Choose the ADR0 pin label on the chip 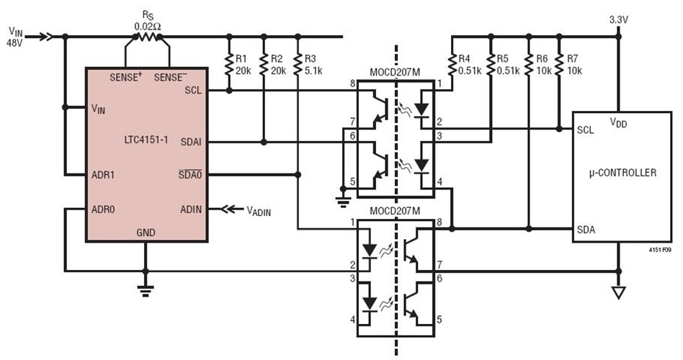[102, 210]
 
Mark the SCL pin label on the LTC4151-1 [193, 90]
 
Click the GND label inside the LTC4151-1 [146, 232]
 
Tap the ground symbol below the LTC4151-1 [146, 289]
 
